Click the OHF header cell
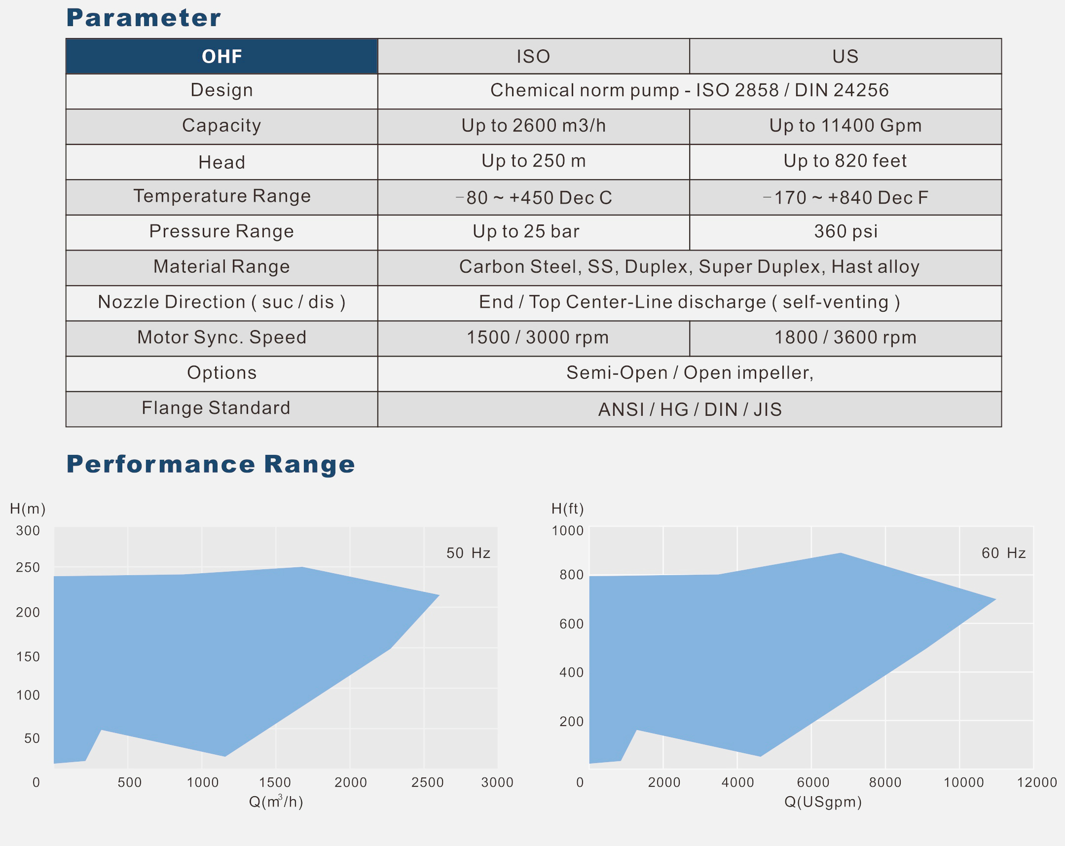coord(221,56)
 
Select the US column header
coord(845,56)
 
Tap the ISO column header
coord(533,56)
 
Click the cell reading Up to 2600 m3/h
coord(533,126)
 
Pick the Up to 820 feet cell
coord(845,161)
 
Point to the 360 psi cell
coord(845,232)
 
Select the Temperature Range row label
coord(221,196)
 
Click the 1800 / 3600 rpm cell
coord(845,338)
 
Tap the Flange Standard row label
coord(216,408)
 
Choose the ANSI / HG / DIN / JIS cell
coord(690,409)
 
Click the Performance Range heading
coord(211,464)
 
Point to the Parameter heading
coord(143,18)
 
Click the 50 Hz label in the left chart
coord(468,553)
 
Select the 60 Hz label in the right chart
coord(1003,553)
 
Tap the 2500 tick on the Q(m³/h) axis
coord(427,782)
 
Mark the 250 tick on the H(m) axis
coord(28,567)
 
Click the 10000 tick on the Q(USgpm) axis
coord(963,782)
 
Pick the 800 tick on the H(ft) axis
coord(571,575)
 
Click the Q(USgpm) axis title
coord(822,802)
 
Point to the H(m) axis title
coord(28,509)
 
